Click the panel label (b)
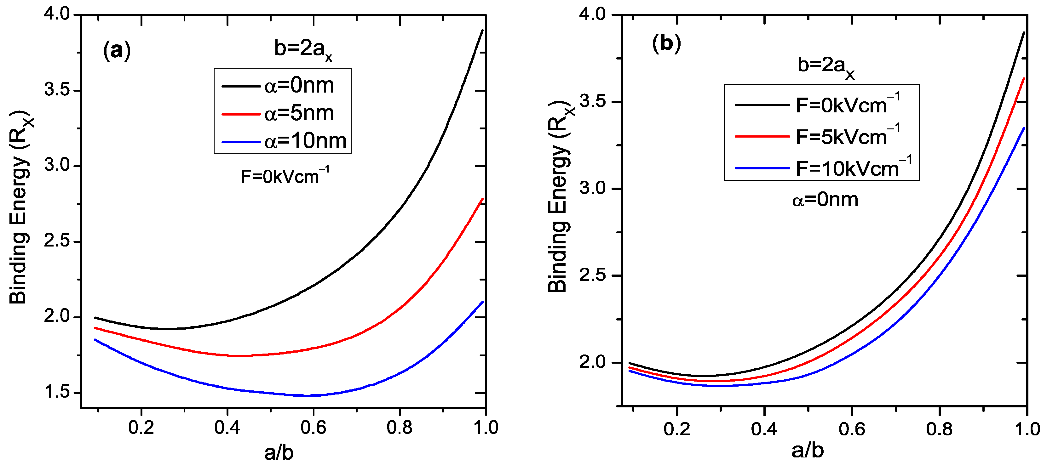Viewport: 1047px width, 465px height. point(666,43)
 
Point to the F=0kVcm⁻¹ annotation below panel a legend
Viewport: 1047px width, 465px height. point(285,176)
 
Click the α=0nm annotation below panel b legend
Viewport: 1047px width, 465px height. point(825,200)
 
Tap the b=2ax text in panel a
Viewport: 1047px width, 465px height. point(303,49)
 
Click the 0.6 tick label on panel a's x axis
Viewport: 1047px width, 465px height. point(313,428)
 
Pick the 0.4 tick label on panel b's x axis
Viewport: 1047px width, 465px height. point(764,429)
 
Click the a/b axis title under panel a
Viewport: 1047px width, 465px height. point(279,452)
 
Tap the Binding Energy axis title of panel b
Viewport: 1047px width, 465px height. point(558,197)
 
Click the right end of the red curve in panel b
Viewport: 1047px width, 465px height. point(1024,78)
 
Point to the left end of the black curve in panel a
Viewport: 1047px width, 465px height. point(95,318)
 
